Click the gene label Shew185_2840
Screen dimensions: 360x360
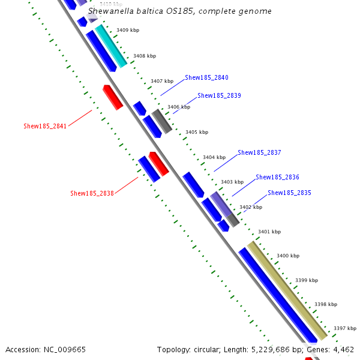point(206,77)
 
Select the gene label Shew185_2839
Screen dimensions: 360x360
point(219,95)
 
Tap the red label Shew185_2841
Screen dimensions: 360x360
point(45,126)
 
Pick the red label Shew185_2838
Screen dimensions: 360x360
point(92,193)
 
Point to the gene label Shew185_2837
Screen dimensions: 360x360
point(259,152)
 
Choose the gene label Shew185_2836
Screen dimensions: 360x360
point(277,177)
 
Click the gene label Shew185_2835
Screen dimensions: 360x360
point(290,193)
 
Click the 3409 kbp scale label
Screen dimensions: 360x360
point(128,30)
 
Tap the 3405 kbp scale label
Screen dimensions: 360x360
point(197,132)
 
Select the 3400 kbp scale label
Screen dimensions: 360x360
point(288,256)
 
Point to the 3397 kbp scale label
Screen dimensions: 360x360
point(345,328)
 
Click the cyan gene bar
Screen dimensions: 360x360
point(111,46)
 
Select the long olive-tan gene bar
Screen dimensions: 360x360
point(287,290)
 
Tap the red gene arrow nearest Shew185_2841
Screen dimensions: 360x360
point(113,97)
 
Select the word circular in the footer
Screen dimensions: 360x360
point(207,350)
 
